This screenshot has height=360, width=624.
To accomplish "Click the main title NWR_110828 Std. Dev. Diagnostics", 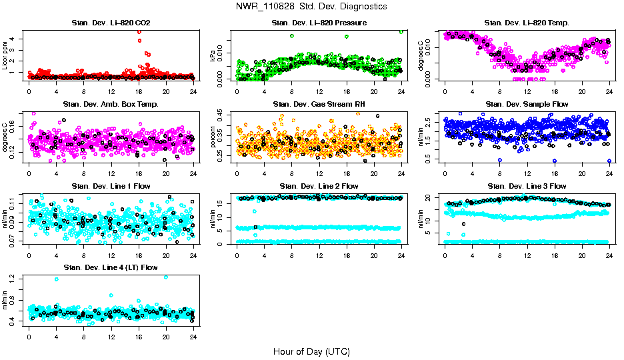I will coord(311,7).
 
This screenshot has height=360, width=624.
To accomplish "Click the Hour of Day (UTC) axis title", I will coord(311,351).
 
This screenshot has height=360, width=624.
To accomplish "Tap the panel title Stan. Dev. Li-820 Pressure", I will coord(319,23).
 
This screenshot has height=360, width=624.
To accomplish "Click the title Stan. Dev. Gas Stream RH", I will coord(319,105).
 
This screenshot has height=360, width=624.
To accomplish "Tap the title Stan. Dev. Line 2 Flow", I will coord(319,187).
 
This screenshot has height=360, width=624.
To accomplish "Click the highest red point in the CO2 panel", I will coord(139,32).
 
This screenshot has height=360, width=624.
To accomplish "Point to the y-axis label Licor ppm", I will coord(6,55).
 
